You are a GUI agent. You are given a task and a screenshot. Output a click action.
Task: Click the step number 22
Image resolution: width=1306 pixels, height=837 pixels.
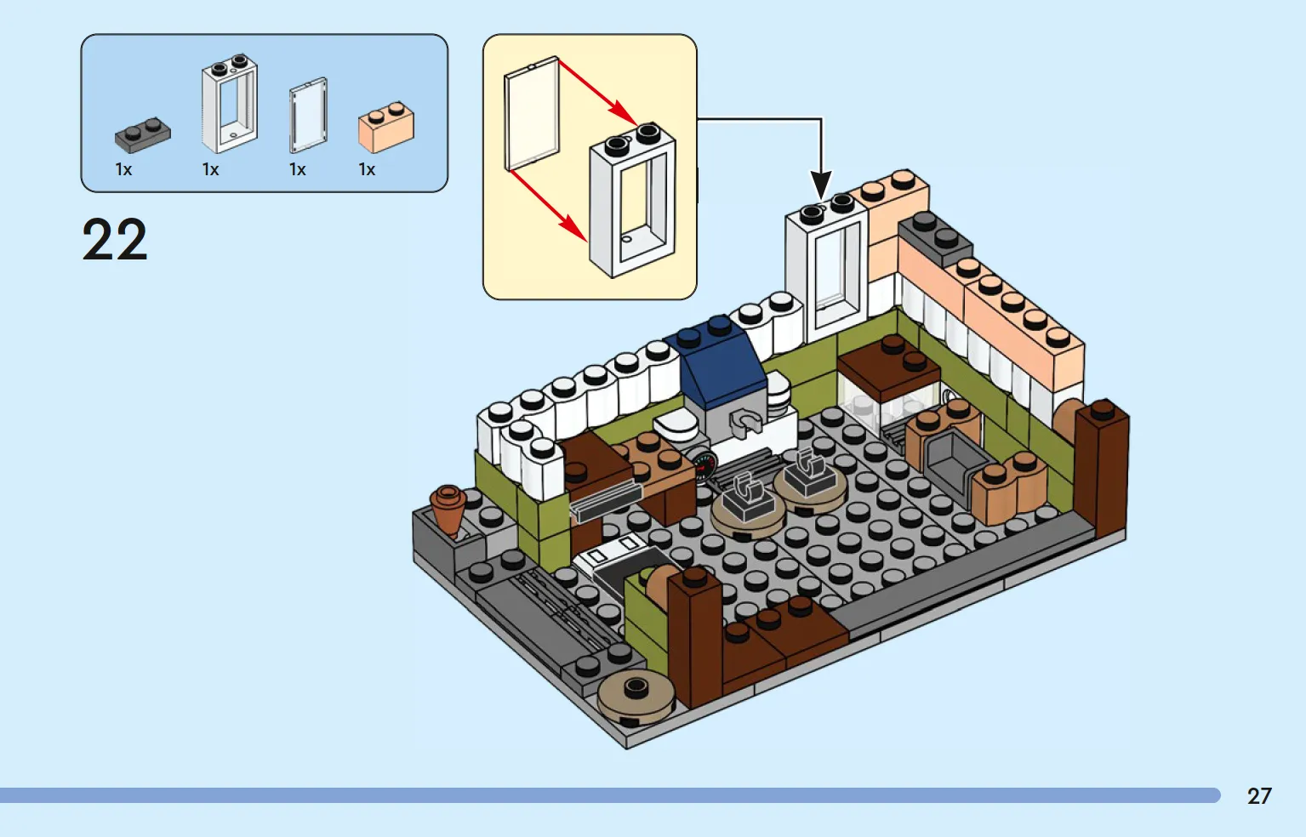[115, 240]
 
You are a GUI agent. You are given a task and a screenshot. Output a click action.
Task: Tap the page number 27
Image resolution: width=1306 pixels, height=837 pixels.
[1259, 795]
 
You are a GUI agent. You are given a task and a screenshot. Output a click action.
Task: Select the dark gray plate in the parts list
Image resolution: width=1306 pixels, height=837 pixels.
[143, 134]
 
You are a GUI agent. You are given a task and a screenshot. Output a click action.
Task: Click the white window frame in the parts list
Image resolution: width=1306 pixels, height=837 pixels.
[230, 104]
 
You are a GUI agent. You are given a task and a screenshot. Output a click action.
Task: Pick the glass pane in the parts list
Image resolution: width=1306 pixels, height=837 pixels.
[309, 115]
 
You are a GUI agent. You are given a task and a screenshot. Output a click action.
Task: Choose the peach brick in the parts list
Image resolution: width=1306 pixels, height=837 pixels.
[386, 127]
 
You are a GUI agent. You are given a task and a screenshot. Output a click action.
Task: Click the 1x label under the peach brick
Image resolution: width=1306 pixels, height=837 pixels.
[367, 169]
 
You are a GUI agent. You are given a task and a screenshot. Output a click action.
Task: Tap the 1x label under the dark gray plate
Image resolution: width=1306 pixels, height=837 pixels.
[123, 169]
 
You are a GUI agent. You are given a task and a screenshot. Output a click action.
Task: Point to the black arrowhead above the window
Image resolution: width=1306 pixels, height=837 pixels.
[821, 185]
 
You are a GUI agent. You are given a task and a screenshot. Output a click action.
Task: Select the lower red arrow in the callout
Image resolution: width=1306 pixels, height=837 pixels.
[548, 205]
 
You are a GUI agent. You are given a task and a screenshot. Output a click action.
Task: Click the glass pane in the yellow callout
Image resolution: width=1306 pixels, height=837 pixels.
[532, 114]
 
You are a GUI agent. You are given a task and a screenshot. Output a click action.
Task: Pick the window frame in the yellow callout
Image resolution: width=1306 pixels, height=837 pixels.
[633, 200]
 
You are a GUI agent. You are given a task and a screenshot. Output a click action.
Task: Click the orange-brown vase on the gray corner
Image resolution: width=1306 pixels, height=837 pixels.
[448, 510]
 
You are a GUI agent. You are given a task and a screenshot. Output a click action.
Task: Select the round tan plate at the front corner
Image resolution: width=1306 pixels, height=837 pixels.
[636, 698]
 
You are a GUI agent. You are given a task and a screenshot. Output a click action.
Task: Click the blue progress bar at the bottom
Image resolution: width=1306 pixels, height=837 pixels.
[610, 795]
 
